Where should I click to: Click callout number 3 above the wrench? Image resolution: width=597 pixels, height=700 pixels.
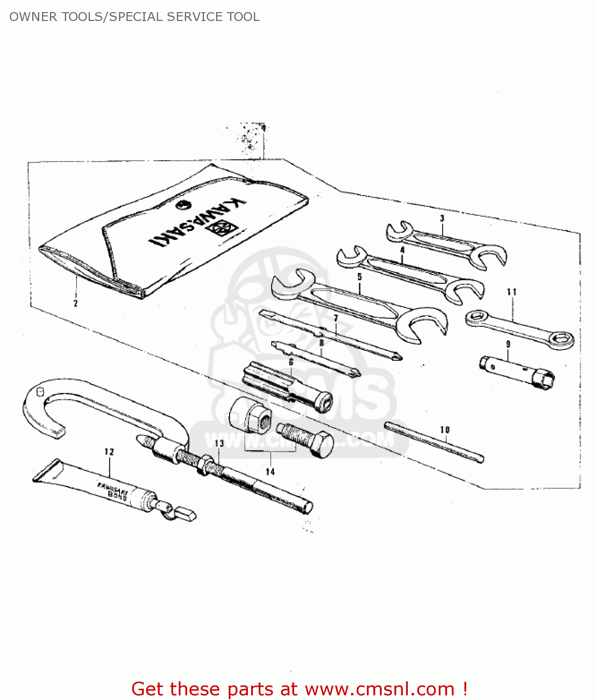442,218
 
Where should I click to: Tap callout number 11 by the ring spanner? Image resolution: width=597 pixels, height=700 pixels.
512,292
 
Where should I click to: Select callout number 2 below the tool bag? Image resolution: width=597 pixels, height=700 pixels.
76,303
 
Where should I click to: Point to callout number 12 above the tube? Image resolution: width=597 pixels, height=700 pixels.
109,452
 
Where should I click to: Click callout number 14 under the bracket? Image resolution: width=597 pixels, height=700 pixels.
270,472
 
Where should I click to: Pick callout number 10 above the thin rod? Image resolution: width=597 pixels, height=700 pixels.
445,429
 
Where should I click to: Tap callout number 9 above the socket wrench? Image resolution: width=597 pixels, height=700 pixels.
508,344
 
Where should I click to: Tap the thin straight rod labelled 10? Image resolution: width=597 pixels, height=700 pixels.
434,441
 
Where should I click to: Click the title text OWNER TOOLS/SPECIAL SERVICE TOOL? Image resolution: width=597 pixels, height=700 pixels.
134,17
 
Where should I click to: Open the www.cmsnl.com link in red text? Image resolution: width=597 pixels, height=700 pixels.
379,689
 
